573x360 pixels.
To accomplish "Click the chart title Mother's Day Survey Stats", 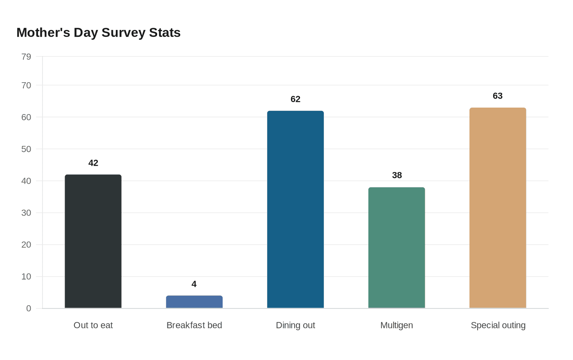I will [98, 33].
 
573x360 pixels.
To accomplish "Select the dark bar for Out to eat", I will [93, 241].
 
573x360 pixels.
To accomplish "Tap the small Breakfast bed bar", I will [194, 302].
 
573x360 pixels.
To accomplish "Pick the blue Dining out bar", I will [295, 209].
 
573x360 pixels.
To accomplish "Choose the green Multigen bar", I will [396, 248].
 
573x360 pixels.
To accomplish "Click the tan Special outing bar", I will [497, 208].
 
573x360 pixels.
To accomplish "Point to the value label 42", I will [93, 163].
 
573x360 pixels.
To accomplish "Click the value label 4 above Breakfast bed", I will [194, 284].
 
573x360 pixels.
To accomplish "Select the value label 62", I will [295, 99].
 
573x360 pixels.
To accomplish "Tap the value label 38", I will [397, 175].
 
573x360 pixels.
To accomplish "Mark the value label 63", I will [497, 96].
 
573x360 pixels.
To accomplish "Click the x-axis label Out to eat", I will [93, 325].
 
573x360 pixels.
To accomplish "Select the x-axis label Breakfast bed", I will [194, 325].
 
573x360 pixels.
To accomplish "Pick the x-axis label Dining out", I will [295, 325].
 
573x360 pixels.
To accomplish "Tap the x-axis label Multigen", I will [396, 325].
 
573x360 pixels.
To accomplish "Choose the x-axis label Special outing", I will [498, 325].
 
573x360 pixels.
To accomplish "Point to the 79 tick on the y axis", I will [26, 56].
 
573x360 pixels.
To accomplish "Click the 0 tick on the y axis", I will [29, 308].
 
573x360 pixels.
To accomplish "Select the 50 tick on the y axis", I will [26, 149].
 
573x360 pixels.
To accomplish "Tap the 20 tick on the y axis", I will [26, 245].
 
